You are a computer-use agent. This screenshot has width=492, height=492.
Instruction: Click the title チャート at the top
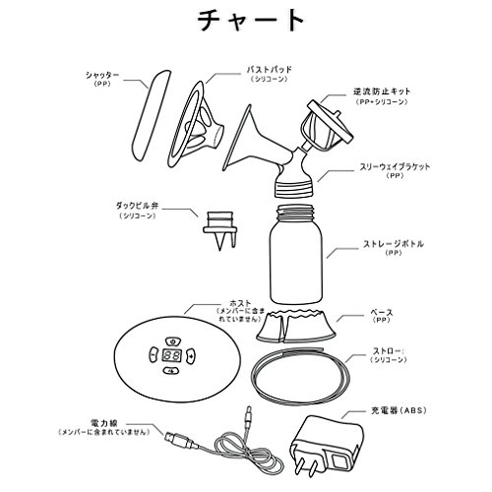pos(251,21)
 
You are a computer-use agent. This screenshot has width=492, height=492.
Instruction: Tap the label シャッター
pos(102,75)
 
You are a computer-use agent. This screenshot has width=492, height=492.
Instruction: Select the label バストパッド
pos(269,70)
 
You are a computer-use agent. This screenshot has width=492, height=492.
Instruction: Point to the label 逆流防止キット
pos(382,92)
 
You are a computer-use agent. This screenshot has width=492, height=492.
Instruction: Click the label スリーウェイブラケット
pos(395,166)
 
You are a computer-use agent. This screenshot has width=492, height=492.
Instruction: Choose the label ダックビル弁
pos(137,206)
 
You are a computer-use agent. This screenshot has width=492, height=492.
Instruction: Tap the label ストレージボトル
pos(394,244)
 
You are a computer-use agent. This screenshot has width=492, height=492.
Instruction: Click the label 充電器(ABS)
pos(399,410)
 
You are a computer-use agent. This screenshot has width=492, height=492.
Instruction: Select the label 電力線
pos(103,423)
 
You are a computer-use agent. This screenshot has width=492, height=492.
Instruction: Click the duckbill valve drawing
pos(219,230)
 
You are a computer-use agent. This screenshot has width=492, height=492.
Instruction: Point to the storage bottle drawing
pos(295,255)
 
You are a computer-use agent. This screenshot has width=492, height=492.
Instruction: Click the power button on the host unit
pos(172,341)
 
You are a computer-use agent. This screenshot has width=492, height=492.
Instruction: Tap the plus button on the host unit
pos(191,355)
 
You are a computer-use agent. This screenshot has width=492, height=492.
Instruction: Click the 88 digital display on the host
pos(172,355)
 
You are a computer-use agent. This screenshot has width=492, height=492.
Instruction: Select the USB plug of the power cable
pos(177,440)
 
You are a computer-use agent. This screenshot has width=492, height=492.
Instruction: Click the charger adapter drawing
pos(327,446)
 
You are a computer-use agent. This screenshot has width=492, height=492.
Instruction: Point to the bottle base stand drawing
pos(296,327)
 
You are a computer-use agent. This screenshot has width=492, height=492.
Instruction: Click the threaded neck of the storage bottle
pos(295,214)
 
